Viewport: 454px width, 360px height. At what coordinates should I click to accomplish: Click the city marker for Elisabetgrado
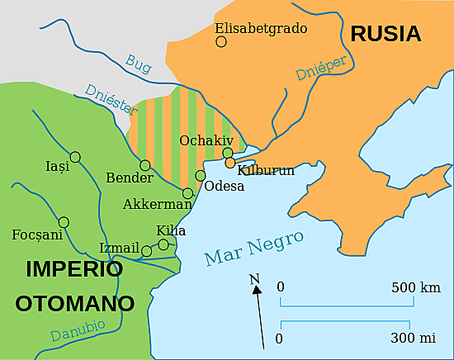click(x=220, y=41)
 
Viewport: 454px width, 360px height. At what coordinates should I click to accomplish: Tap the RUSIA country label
click(x=385, y=34)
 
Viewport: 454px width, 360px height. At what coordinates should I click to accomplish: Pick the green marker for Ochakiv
click(x=228, y=153)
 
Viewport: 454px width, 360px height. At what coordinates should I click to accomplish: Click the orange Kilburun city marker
click(x=229, y=163)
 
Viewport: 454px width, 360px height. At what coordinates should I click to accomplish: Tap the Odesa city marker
click(x=200, y=175)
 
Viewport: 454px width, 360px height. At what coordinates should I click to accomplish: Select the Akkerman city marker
click(x=188, y=193)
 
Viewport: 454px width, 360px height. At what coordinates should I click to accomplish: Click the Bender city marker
click(x=145, y=165)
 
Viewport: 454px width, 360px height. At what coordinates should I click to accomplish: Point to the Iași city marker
click(x=75, y=156)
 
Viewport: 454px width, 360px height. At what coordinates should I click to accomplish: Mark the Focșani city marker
click(x=64, y=221)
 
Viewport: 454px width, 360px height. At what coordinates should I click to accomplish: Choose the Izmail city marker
click(x=146, y=251)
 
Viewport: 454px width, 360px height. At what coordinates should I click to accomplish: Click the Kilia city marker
click(x=163, y=244)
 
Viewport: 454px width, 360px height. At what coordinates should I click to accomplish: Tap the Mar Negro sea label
click(x=253, y=248)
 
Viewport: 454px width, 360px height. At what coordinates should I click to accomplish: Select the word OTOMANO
click(x=74, y=303)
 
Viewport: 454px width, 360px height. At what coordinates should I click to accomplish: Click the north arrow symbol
click(x=258, y=310)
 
